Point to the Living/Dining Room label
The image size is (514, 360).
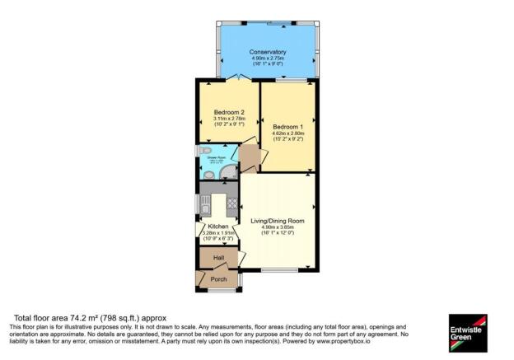coord(278,220)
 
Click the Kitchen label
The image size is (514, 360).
coord(217,226)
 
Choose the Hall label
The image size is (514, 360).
coord(218,258)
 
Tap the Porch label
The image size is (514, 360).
coord(218,279)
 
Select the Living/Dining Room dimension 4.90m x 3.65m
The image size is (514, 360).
coord(278,227)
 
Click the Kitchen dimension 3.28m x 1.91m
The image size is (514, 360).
coord(218,233)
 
